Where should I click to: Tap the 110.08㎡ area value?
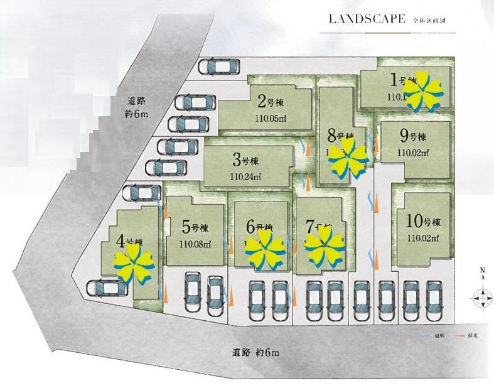click(195, 244)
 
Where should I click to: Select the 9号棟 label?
click(413, 136)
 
